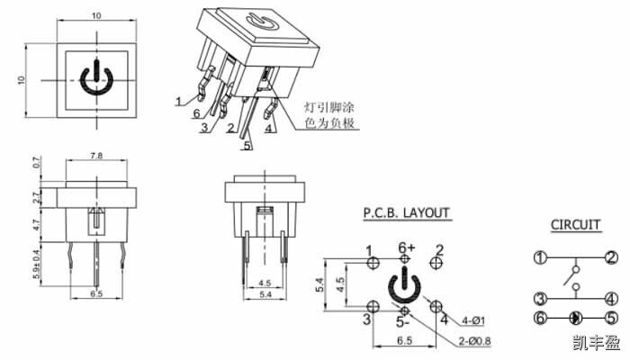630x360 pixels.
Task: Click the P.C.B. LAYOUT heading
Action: pos(406,213)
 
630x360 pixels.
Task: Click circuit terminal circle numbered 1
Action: pos(539,258)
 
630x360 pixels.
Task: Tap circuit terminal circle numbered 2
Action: pos(611,258)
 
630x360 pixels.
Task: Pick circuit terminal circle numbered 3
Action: pos(539,299)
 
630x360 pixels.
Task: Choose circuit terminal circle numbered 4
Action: pos(611,299)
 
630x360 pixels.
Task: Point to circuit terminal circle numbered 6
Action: pos(539,318)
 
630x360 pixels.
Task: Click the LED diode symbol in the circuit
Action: pos(576,318)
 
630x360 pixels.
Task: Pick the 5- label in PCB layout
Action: pos(404,321)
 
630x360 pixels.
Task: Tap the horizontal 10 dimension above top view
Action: pos(94,15)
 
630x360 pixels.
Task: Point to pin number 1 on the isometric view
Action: pos(179,99)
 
